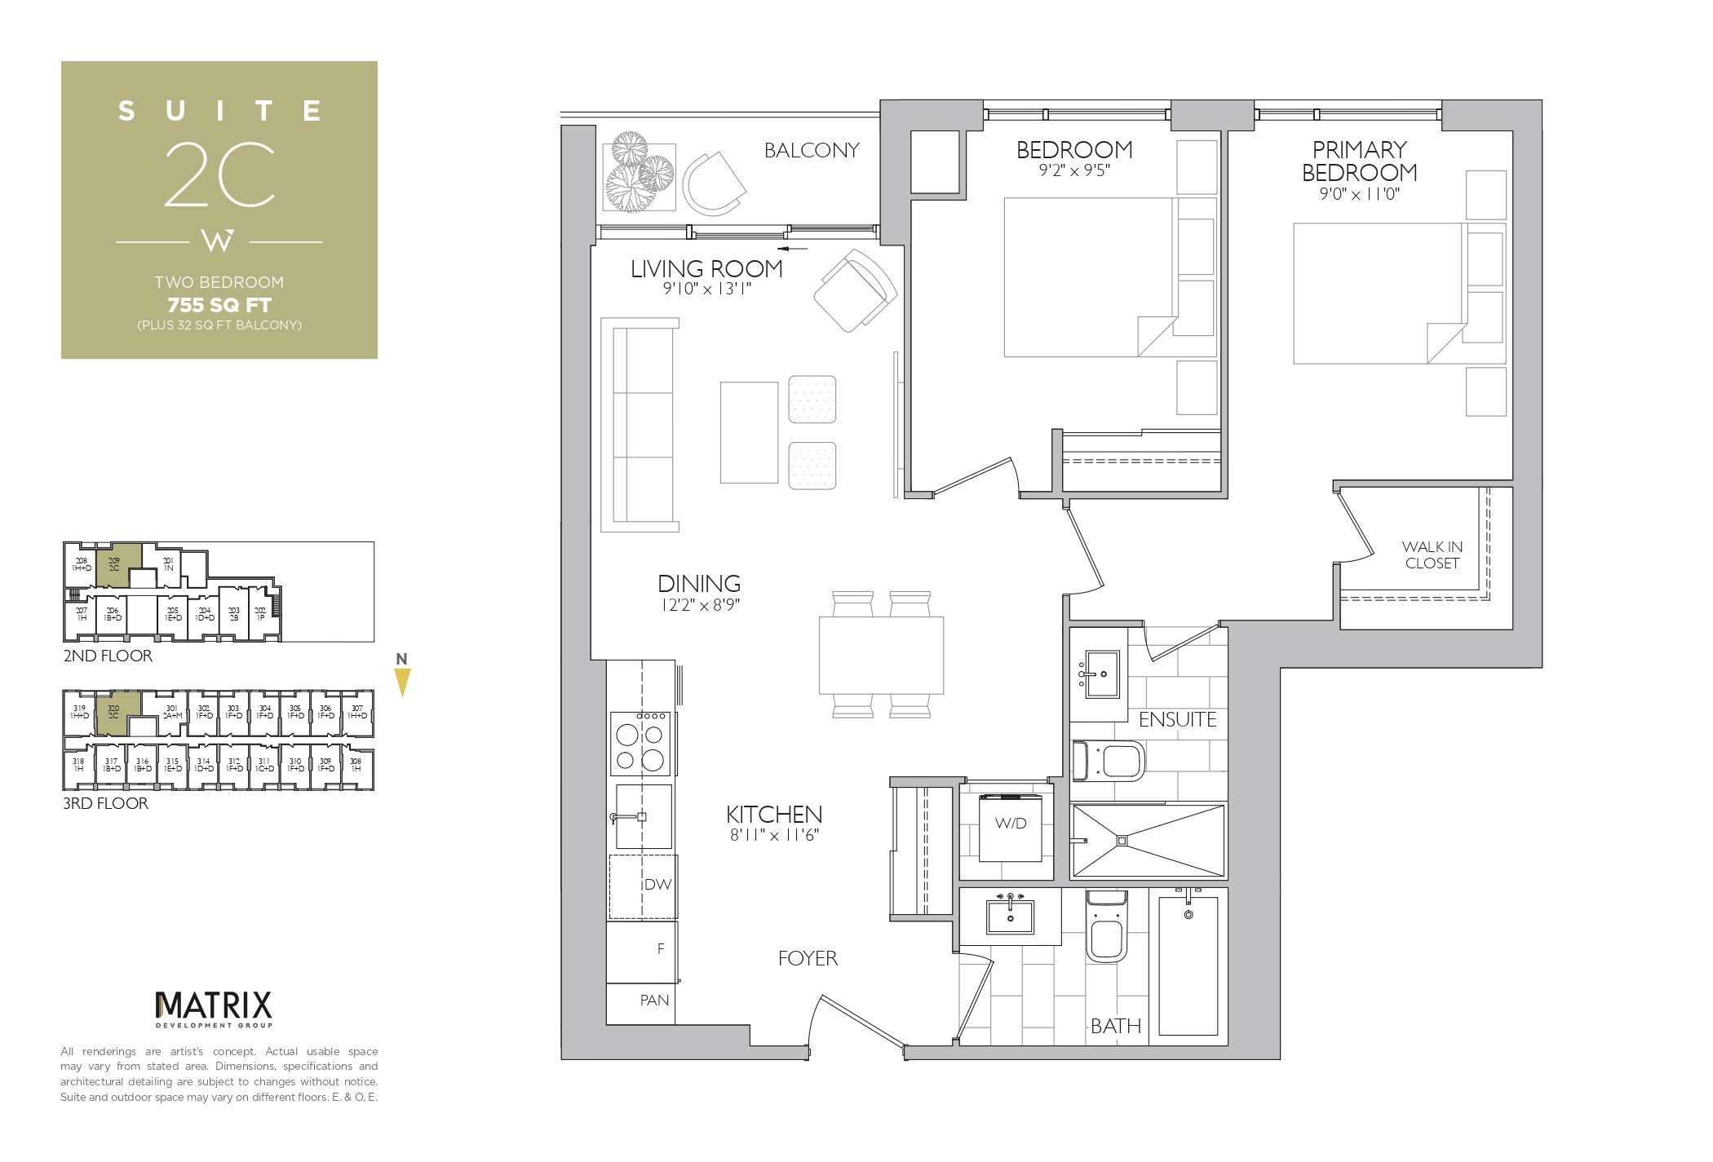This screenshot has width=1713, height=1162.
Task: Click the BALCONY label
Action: point(811,151)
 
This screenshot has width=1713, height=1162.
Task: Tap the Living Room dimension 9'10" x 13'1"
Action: point(706,289)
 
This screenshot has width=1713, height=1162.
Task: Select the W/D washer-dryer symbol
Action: point(1010,825)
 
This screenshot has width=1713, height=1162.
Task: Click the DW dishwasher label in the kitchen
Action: point(657,886)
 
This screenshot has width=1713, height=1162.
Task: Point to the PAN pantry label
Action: point(654,1001)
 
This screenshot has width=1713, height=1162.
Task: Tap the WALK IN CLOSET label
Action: point(1432,555)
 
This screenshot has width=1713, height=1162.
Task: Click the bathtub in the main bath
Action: point(1188,966)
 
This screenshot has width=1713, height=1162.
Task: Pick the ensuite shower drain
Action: point(1122,841)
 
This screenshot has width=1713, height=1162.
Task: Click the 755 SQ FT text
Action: point(219,305)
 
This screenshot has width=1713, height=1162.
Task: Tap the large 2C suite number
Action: point(219,175)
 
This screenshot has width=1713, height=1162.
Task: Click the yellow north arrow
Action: point(402,682)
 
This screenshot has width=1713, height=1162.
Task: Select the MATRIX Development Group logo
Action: point(214,1009)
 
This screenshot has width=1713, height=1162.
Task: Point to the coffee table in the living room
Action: point(749,433)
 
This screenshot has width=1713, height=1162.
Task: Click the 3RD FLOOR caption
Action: point(106,804)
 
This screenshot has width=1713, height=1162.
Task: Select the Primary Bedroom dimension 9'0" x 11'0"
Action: point(1359,195)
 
